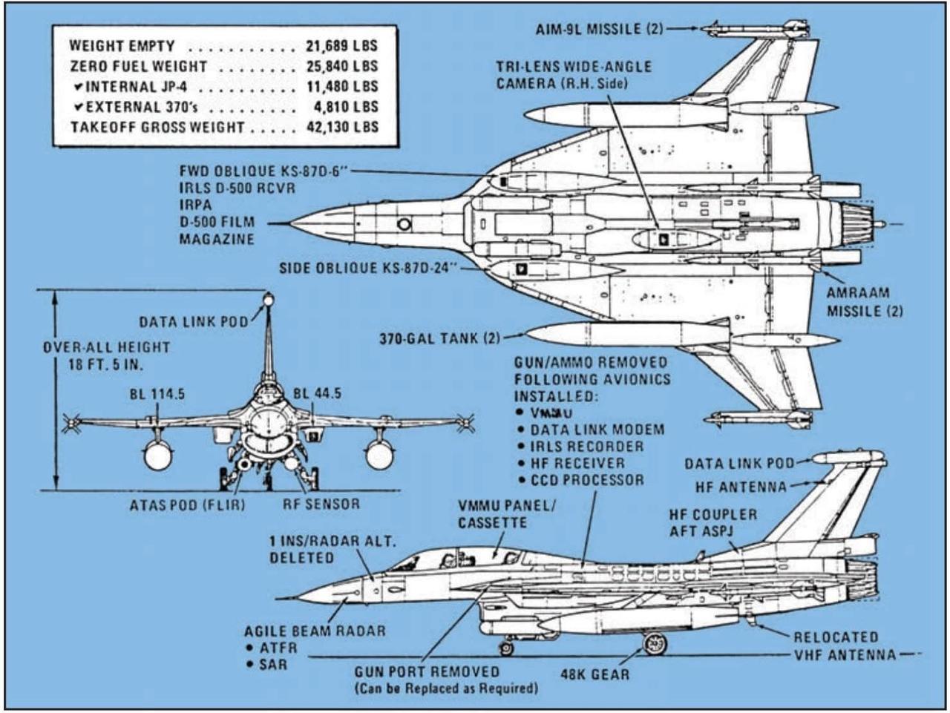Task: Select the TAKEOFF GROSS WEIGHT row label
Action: coord(157,127)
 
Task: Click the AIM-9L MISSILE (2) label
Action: coord(599,29)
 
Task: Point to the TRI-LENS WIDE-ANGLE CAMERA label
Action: coord(574,74)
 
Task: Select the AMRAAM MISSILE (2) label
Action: coord(865,302)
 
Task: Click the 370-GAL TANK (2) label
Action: coord(439,338)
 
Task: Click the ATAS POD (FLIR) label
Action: coord(187,505)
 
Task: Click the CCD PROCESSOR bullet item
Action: coord(586,480)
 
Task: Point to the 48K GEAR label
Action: coord(596,674)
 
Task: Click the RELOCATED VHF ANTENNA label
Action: coord(844,645)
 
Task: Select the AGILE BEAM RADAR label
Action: coord(315,631)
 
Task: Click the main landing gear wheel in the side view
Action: coord(654,643)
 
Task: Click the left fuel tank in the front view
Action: coord(158,456)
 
